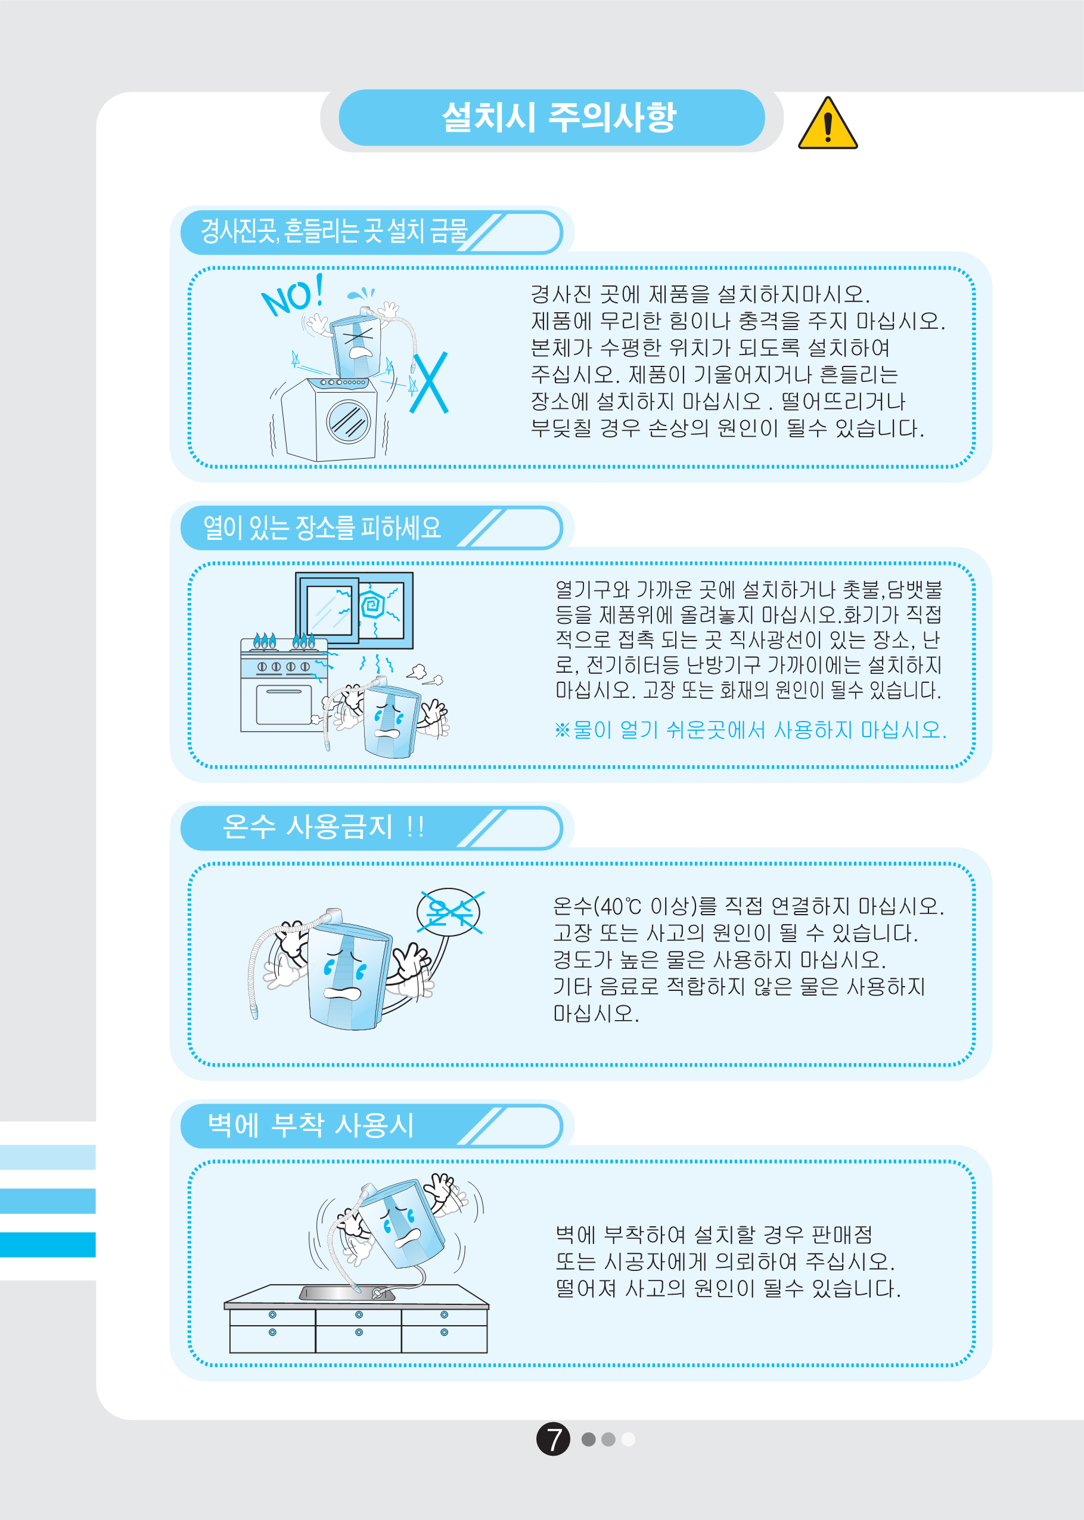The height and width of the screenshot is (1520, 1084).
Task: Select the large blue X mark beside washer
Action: pos(428,383)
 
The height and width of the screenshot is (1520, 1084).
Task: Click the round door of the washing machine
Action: pos(348,421)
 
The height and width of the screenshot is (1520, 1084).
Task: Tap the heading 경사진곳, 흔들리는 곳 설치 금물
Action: pos(334,232)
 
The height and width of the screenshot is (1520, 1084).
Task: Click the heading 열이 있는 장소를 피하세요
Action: pos(322,528)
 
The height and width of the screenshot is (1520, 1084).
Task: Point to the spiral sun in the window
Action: pos(372,605)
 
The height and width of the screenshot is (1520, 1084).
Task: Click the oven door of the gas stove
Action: pos(284,704)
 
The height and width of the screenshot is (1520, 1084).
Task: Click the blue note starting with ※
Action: pos(750,730)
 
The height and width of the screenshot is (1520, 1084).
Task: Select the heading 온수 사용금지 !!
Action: pos(323,826)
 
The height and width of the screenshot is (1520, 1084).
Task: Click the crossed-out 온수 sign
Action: pos(449,912)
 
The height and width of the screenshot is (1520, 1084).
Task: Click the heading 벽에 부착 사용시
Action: pos(310,1125)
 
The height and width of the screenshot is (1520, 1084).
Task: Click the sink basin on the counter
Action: pos(347,1294)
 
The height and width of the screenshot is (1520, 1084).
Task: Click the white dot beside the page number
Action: pos(628,1439)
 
